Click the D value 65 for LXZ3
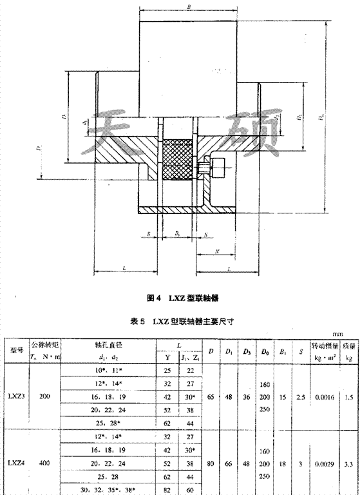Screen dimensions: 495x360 point(212,398)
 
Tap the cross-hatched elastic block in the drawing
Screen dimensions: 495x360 point(178,159)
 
